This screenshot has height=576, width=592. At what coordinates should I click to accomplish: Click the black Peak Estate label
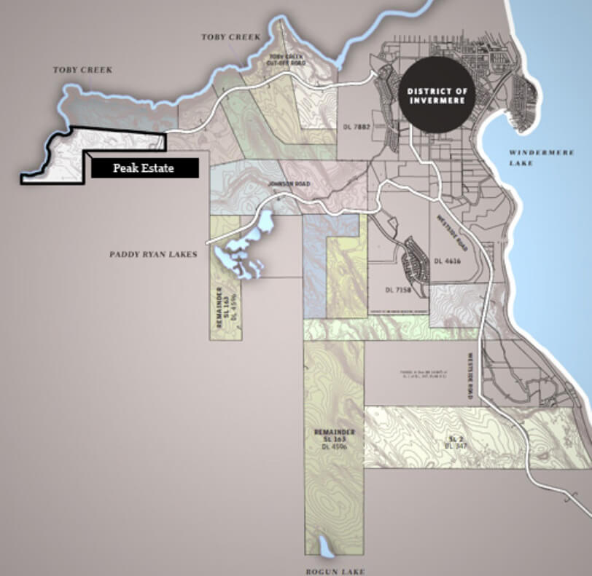(143, 168)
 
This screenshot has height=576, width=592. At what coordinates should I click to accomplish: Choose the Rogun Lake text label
(335, 571)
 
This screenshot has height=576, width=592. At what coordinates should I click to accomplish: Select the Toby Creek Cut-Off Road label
(286, 60)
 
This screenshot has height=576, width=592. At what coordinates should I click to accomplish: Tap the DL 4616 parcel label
(448, 260)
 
